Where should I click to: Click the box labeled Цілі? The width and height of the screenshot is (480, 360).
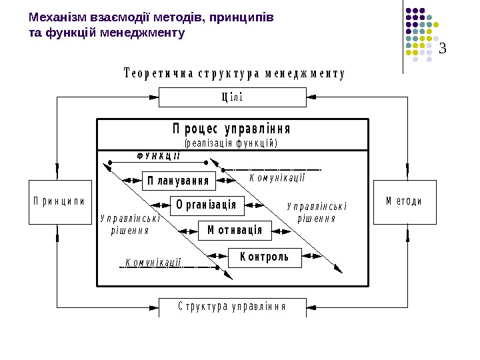tap(232, 97)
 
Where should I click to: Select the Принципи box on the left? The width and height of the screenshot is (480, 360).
tap(60, 202)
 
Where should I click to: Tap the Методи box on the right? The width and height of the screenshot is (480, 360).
tap(405, 201)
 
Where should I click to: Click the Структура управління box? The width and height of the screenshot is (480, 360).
tap(232, 307)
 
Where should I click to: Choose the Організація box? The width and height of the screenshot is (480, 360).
tap(207, 205)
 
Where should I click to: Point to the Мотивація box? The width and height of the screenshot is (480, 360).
tap(235, 230)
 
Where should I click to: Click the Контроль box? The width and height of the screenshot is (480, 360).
tap(265, 257)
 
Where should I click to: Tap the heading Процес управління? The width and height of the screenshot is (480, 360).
tap(231, 128)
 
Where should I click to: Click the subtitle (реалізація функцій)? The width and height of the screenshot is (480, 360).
tap(231, 143)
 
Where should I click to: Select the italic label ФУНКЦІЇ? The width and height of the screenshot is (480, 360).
tap(159, 155)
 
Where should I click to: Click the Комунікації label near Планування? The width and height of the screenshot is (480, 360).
tap(277, 177)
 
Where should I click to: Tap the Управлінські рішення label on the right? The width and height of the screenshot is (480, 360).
tap(317, 212)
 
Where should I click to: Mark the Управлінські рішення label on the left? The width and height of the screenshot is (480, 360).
tap(129, 224)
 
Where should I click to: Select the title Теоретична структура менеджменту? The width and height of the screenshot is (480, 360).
tap(235, 74)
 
